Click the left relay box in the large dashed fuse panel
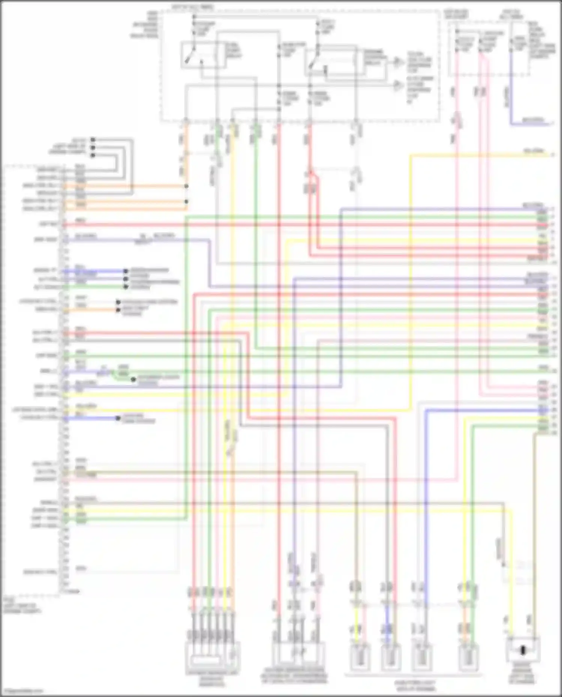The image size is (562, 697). (x=203, y=55)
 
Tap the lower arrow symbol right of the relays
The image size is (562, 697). (x=397, y=86)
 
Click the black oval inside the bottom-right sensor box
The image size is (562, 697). (x=523, y=650)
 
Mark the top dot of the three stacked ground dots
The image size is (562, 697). (x=93, y=140)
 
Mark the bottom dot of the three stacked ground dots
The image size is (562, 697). (x=93, y=155)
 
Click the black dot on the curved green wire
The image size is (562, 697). (x=133, y=379)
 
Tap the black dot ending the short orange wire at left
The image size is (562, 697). (x=118, y=310)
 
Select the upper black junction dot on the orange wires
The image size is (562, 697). (x=186, y=186)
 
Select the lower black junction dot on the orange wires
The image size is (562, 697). (x=186, y=201)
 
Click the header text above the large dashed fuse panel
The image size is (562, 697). (x=193, y=7)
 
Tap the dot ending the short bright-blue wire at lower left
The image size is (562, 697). (x=118, y=418)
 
